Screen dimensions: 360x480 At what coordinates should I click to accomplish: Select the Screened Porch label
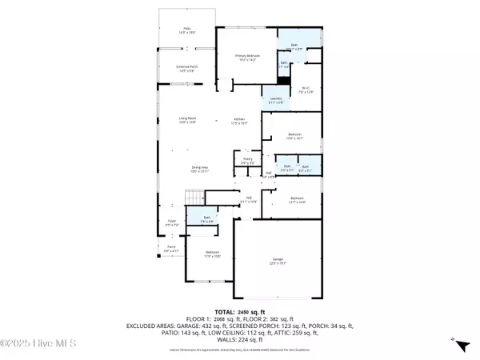(187, 68)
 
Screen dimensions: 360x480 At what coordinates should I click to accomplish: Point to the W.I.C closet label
(305, 90)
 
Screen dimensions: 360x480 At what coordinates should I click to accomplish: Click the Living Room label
(187, 119)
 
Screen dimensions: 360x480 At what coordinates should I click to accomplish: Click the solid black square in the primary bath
(283, 79)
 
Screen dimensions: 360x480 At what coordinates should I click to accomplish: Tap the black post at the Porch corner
(158, 258)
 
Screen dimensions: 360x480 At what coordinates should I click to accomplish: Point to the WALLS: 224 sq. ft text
(240, 340)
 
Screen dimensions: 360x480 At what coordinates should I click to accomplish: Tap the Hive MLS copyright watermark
(32, 345)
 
